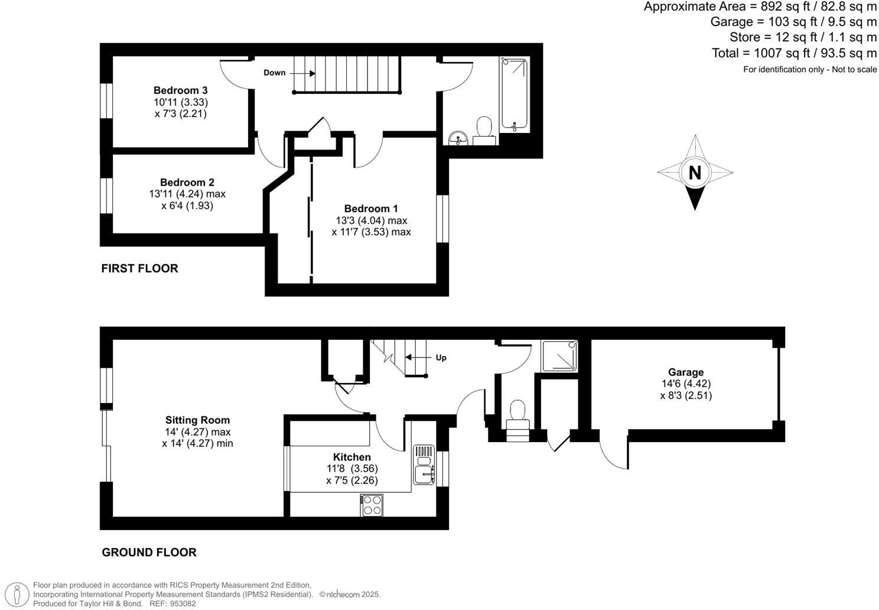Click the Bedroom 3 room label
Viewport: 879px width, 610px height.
point(180,90)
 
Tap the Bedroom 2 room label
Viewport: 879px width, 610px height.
point(187,183)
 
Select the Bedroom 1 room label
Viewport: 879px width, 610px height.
point(371,209)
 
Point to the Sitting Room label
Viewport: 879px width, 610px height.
point(197,420)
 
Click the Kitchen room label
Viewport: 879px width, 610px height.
point(352,457)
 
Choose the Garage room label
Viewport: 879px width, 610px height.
point(686,372)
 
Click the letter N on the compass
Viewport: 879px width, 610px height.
point(695,173)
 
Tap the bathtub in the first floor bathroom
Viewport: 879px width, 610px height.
point(515,93)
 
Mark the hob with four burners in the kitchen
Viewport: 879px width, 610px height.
point(372,505)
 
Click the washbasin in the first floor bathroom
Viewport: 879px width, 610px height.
point(458,138)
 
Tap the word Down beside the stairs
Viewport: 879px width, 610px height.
point(274,73)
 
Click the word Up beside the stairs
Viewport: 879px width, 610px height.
point(441,358)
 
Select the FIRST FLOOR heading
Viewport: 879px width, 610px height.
point(139,268)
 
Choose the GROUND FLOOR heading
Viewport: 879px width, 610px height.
point(149,552)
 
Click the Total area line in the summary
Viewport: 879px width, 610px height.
point(794,53)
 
